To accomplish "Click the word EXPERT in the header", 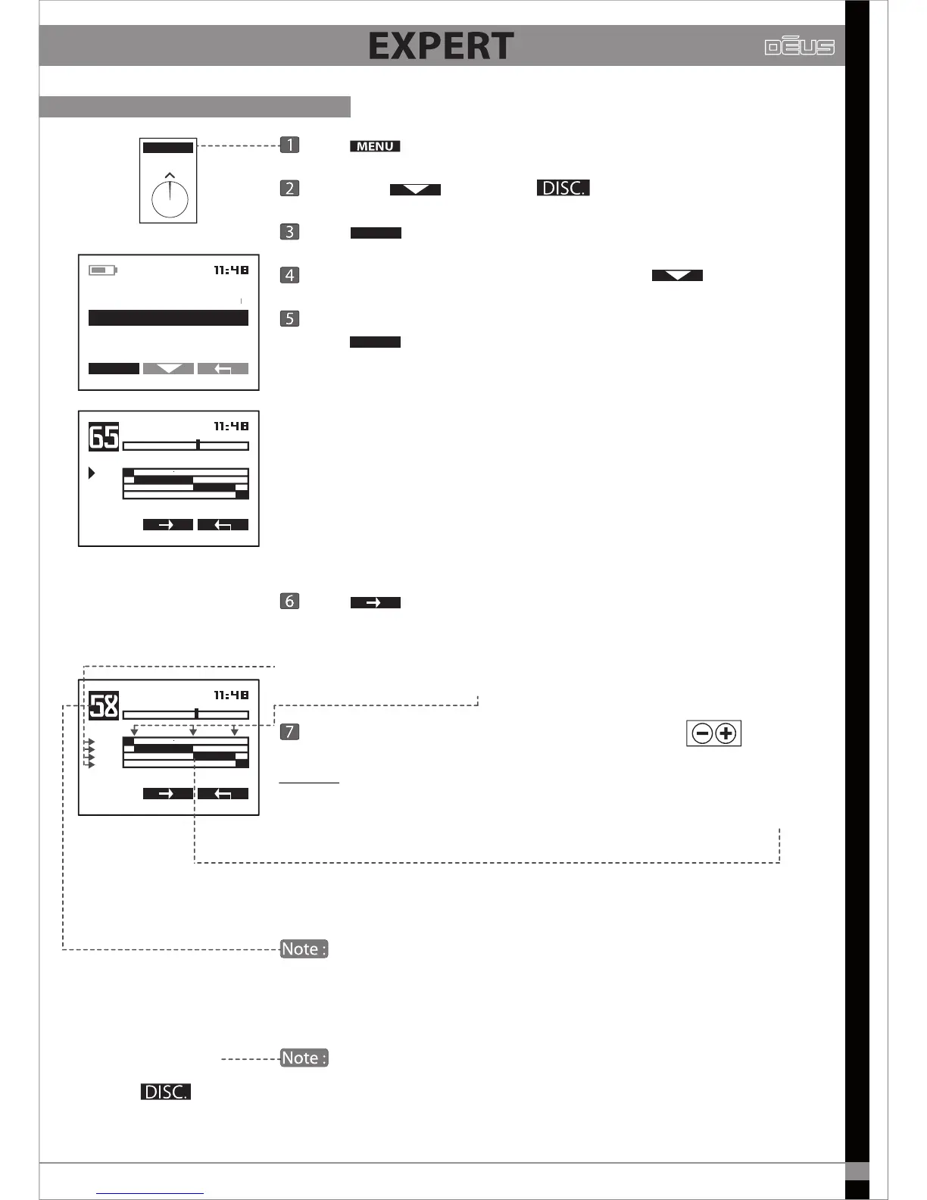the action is (441, 46).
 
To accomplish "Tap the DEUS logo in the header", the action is (799, 46).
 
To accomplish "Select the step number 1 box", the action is (289, 145).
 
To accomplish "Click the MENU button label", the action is (375, 146).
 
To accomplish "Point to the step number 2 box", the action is (289, 188).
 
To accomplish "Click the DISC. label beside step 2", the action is (563, 188).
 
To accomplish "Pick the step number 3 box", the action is (289, 232).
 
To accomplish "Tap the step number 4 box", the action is (289, 275).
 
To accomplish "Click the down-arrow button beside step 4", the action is (677, 276).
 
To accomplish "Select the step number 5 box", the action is (289, 318).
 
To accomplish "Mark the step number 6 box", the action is (289, 602).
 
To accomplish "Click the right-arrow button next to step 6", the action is (375, 603).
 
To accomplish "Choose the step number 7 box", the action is (289, 732).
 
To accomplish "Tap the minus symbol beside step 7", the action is (702, 733).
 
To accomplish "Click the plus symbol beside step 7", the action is (726, 733).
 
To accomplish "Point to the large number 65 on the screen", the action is (104, 437).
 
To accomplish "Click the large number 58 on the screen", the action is (104, 706).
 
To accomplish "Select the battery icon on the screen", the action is (102, 270).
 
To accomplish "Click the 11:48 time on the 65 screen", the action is (231, 427).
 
